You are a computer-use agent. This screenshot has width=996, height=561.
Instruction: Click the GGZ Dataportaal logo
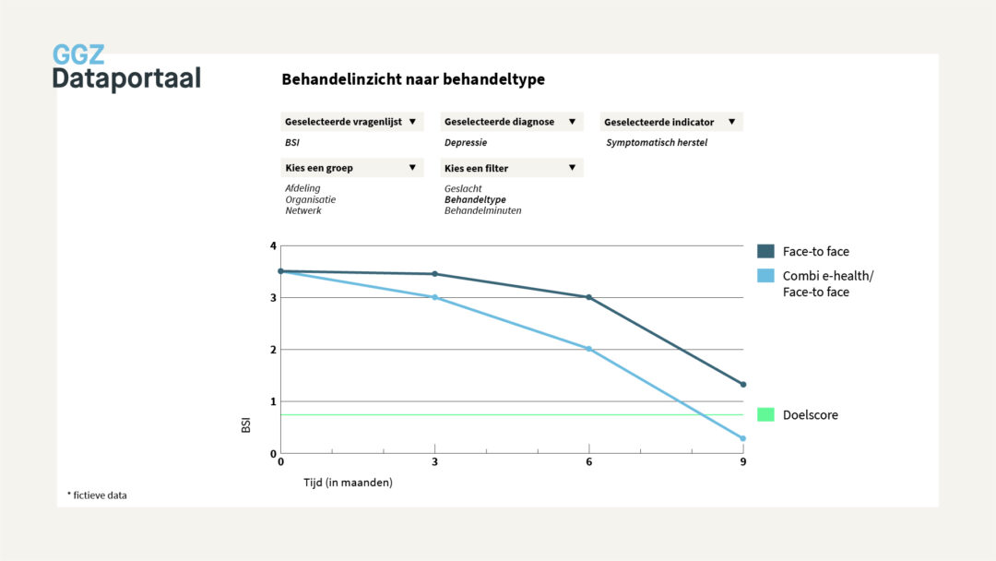coord(125,67)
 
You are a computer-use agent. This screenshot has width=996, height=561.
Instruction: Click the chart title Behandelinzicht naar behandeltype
coord(413,79)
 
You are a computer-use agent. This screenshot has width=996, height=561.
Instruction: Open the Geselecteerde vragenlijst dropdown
coord(351,122)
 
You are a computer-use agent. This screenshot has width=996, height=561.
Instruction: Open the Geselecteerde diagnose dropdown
coord(512,122)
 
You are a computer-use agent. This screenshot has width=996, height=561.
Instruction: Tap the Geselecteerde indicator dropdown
coord(671,122)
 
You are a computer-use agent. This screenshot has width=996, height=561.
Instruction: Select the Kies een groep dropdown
coord(351,168)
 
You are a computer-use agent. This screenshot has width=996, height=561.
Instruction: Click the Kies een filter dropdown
coord(512,168)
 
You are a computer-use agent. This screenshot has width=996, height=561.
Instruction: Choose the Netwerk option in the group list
coord(303,210)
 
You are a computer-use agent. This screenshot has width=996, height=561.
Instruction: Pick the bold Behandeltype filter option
coord(475,199)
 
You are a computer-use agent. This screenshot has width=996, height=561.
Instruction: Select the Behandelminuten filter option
coord(482,210)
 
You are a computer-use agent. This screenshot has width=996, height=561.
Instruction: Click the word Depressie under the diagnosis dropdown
coord(466,143)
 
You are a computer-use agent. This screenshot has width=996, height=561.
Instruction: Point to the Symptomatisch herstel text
coord(656,143)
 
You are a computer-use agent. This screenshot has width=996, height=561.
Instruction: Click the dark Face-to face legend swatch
coord(765,251)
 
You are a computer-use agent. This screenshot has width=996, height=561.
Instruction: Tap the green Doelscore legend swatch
coord(765,415)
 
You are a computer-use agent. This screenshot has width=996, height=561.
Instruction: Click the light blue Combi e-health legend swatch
coord(765,276)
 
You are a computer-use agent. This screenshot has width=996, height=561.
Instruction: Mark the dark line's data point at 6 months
coord(588,297)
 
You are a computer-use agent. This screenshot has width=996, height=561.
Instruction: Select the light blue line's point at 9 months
coord(742,438)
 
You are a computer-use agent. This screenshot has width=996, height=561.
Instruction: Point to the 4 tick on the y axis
coord(273,245)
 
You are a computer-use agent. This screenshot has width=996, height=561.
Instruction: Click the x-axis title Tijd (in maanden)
coord(348,483)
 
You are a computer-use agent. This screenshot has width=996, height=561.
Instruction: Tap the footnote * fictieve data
coord(97,495)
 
